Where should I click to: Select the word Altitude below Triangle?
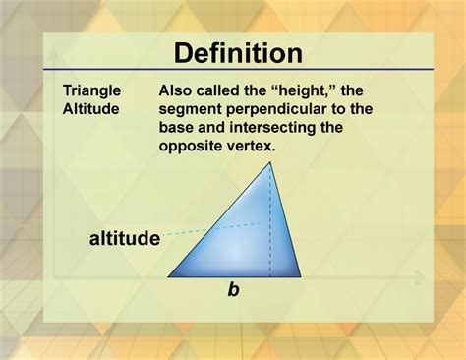click(x=90, y=109)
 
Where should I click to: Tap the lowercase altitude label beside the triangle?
click(x=125, y=237)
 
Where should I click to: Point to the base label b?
click(x=233, y=289)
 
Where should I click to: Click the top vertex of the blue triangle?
click(x=270, y=162)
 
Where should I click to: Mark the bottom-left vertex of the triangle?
click(x=169, y=276)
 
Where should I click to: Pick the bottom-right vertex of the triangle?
click(x=299, y=276)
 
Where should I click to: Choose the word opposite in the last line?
click(x=191, y=147)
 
